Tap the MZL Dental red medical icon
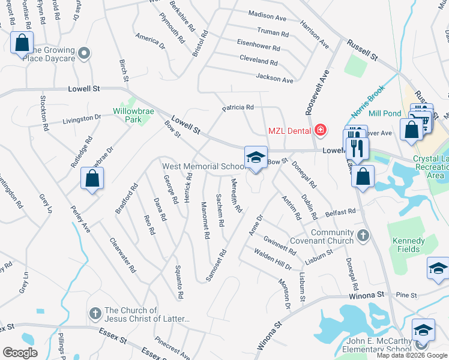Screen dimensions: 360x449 tap(321, 130)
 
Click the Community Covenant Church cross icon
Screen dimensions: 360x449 tap(363, 236)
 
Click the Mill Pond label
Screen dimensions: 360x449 tap(385, 113)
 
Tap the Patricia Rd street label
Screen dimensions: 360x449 tap(238, 107)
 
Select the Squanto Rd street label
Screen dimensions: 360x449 tap(178, 282)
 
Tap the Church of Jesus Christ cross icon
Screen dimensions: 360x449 tap(94, 313)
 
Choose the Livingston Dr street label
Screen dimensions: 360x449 tap(82, 119)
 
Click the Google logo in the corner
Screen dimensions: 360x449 tap(20, 353)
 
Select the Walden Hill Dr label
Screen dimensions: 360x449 tap(272, 259)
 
